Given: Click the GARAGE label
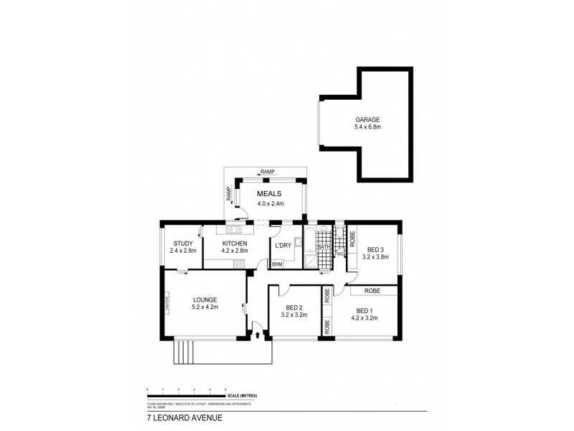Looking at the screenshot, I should [367, 120].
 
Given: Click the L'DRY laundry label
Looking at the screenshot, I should [283, 245].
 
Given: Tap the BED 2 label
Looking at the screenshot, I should [293, 307].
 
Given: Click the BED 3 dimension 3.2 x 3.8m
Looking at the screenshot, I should [375, 256].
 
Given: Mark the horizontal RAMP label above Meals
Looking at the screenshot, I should [268, 172].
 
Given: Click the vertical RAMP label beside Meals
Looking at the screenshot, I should [229, 193].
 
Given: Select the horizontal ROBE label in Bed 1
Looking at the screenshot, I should [371, 290].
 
